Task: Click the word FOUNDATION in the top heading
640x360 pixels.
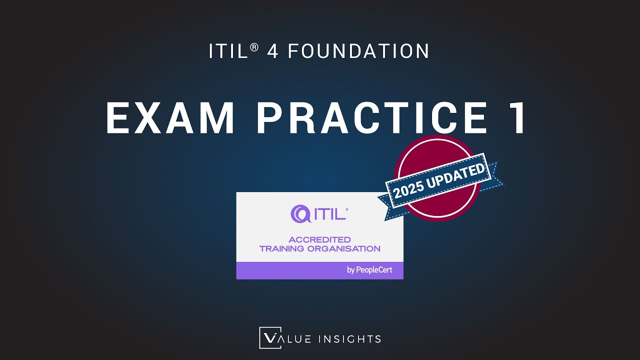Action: pos(358,51)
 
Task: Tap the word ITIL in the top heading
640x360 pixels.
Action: pos(228,51)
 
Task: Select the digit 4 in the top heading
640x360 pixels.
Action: pos(272,51)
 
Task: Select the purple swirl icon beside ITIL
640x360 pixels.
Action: pos(300,214)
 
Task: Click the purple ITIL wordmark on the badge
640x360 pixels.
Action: pos(330,214)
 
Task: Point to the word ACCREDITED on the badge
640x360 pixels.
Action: pos(319,240)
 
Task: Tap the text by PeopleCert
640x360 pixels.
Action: pos(369,270)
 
